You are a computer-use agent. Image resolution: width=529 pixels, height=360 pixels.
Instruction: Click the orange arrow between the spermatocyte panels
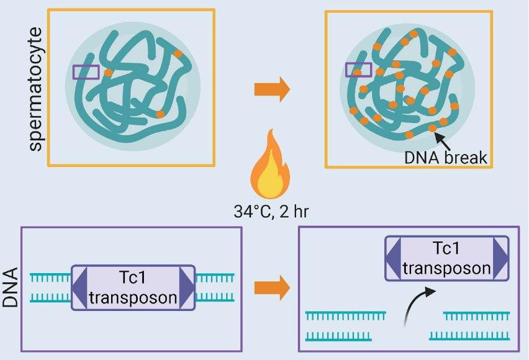tap(272, 89)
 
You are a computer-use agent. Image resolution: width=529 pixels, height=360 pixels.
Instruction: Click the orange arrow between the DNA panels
tap(272, 287)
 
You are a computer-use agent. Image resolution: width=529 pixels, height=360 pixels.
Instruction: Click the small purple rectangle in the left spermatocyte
tap(86, 72)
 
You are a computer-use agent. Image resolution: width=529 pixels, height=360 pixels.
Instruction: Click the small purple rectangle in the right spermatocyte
tap(358, 70)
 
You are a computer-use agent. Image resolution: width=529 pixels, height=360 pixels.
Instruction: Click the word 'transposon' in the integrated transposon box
tap(133, 298)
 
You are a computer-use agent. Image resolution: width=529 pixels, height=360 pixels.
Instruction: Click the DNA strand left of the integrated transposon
tap(52, 287)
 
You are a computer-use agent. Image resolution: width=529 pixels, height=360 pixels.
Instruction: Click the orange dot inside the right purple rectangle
tap(357, 72)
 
